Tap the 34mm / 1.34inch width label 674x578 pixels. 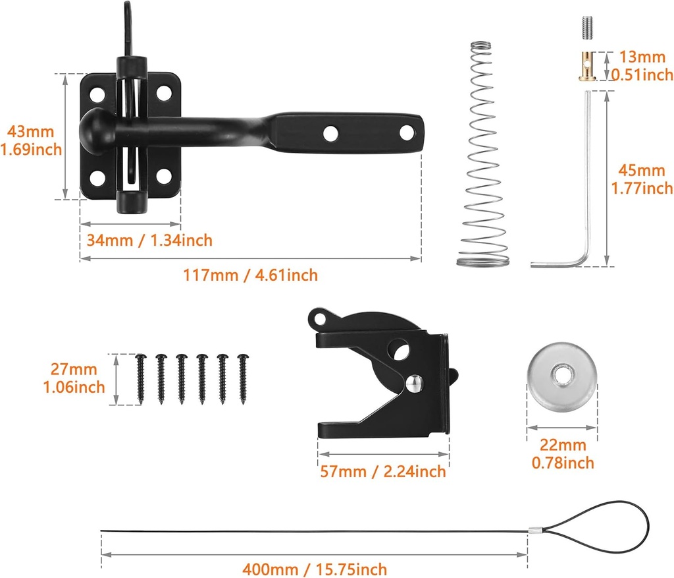point(149,240)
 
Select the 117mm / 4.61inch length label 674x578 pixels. point(250,275)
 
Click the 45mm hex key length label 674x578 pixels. point(642,180)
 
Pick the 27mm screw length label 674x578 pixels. point(76,378)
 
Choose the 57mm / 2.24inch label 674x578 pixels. point(382,471)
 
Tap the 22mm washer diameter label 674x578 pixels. point(563,454)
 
